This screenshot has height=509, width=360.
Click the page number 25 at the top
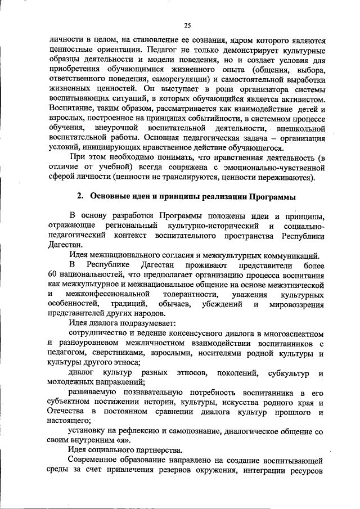point(187,25)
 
